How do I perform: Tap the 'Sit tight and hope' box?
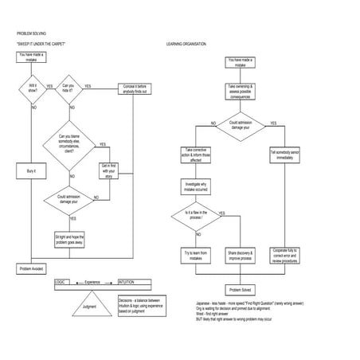coord(69,238)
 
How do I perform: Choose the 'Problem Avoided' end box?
coord(33,269)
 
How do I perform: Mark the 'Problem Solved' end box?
coord(241,290)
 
